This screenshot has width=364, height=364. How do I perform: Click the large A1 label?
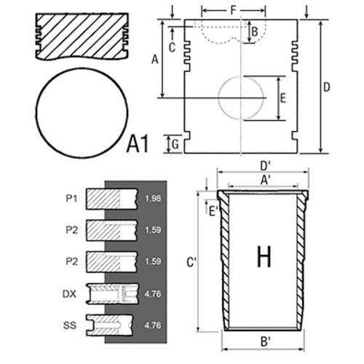(138, 144)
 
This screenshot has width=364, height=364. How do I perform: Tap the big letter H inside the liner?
(264, 256)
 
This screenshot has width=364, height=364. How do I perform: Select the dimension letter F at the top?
(233, 10)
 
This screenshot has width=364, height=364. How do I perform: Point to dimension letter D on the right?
(327, 87)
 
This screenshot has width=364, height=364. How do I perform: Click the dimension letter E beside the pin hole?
(283, 98)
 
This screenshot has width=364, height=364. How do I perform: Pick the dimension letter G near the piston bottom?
(175, 145)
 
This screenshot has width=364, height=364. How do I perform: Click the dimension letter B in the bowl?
(255, 32)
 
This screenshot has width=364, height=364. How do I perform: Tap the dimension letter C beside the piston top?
(172, 47)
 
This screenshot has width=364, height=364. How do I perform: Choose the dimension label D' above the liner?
(265, 166)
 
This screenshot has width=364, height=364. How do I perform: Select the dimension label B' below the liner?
(266, 341)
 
